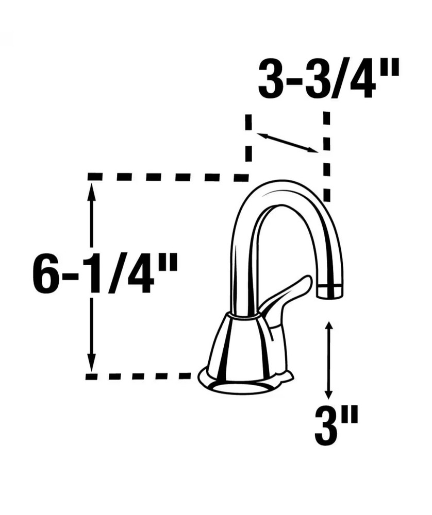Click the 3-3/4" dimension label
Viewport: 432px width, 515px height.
328,78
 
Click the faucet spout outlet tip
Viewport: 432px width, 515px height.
330,291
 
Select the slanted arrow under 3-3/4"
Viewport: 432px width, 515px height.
287,143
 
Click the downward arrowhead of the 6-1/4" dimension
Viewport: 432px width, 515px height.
92,364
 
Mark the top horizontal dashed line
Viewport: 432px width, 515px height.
168,177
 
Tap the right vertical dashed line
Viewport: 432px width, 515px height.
326,157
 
